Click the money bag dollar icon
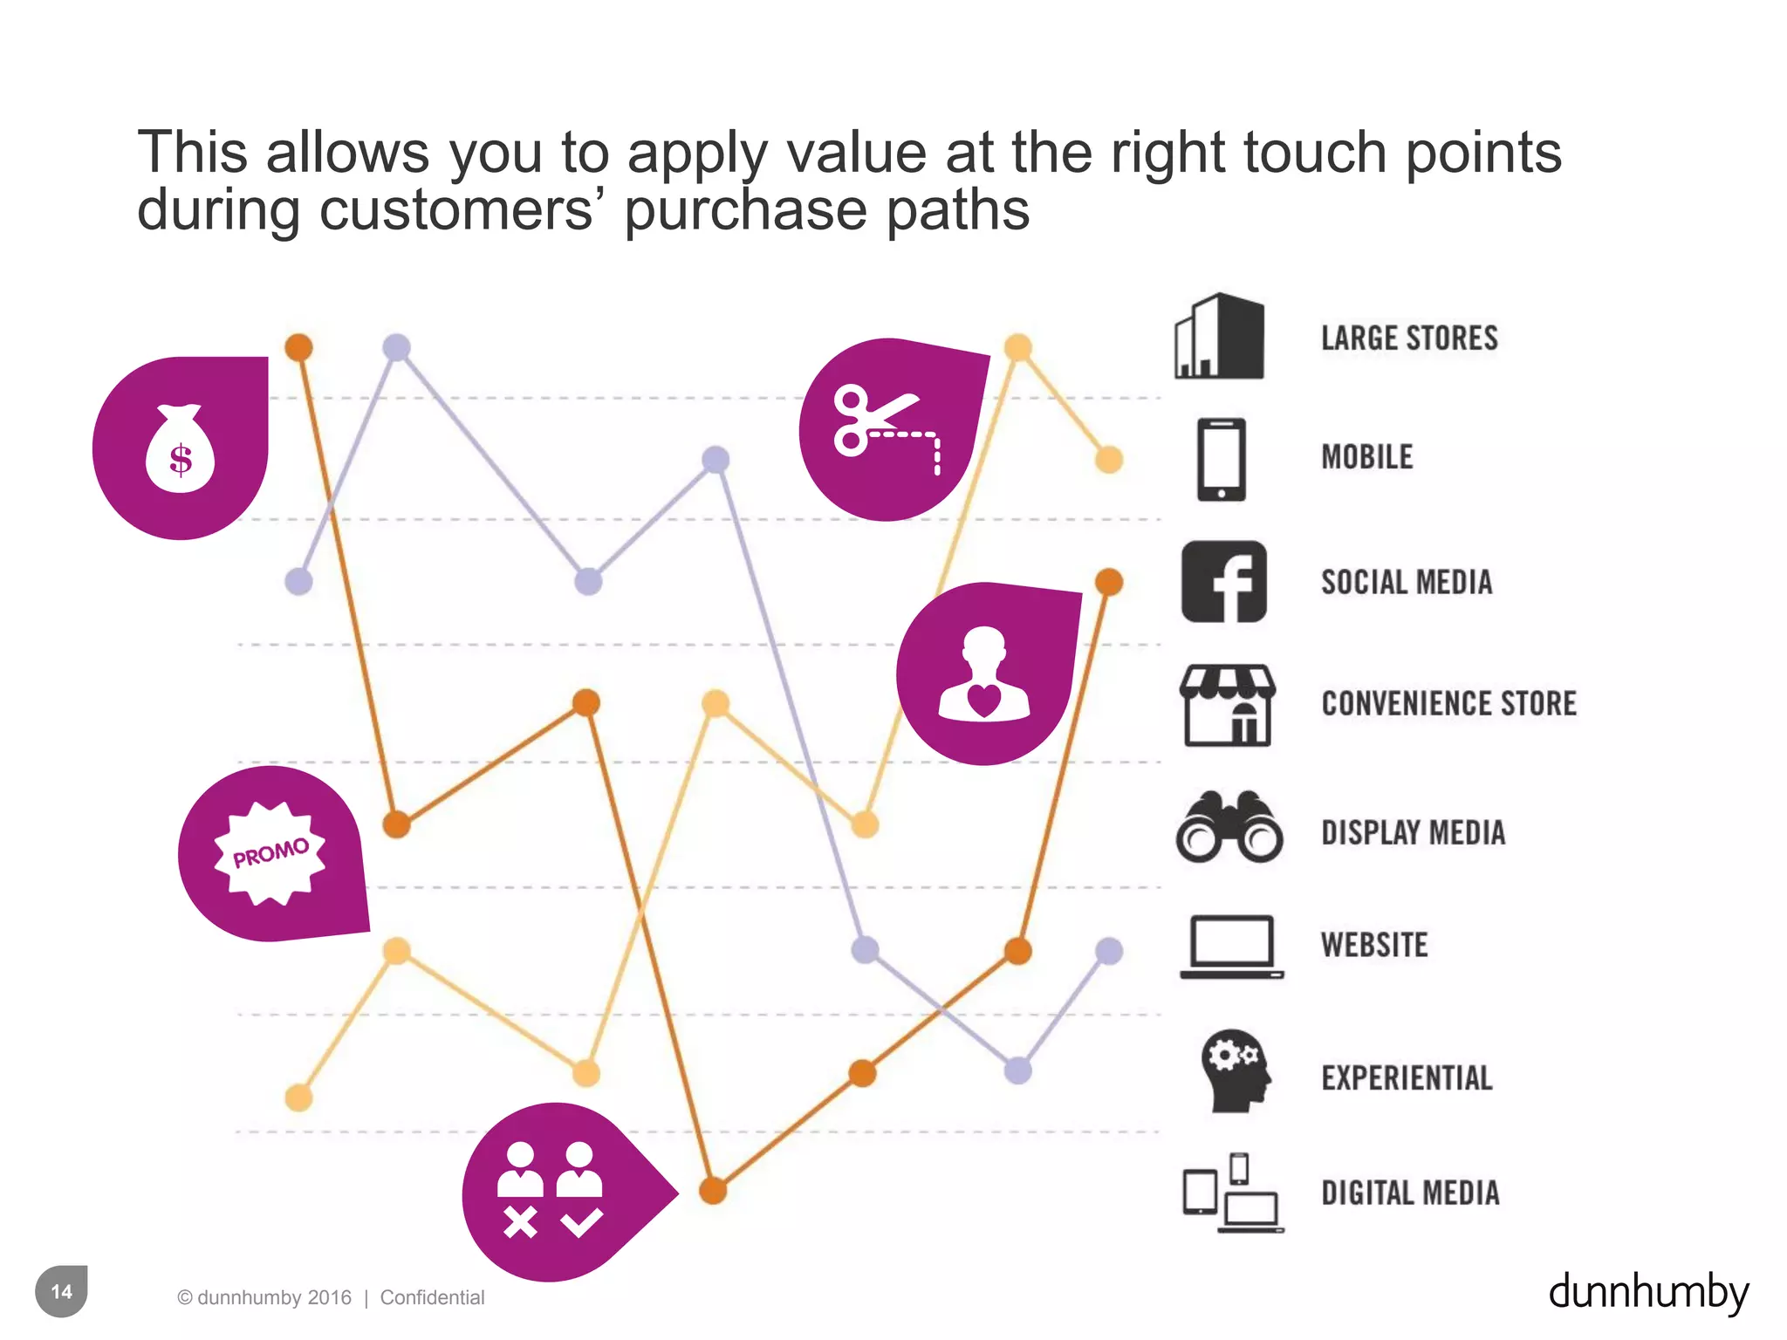(x=180, y=449)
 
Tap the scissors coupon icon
(x=886, y=427)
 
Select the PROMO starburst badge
(x=270, y=852)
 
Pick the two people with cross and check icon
(x=550, y=1190)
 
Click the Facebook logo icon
(x=1223, y=581)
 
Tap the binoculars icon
(x=1229, y=828)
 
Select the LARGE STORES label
(x=1408, y=338)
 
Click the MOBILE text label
(x=1366, y=457)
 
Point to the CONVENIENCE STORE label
(x=1448, y=703)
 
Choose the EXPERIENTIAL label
(x=1407, y=1078)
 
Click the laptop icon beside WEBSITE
(x=1231, y=947)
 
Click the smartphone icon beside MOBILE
(x=1221, y=459)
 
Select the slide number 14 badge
(x=61, y=1291)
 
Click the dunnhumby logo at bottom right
(x=1647, y=1292)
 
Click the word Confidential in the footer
(x=432, y=1297)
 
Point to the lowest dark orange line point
(x=713, y=1190)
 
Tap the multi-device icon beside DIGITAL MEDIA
(x=1231, y=1193)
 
